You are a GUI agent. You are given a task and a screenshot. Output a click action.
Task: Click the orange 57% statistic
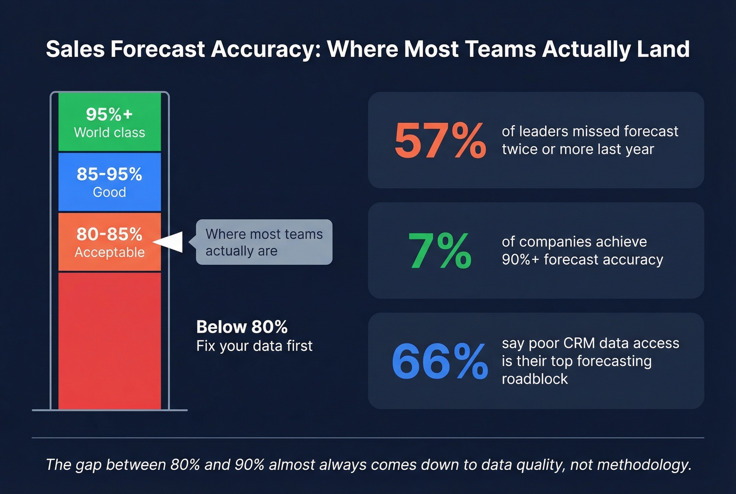(439, 140)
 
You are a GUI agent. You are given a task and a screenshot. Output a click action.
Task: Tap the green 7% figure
(439, 251)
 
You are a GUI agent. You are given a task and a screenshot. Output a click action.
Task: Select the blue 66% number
(439, 361)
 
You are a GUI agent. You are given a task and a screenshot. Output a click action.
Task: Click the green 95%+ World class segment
(109, 122)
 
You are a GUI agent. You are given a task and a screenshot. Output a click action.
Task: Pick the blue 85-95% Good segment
(109, 182)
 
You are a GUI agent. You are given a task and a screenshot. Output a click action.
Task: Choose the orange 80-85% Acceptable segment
(109, 242)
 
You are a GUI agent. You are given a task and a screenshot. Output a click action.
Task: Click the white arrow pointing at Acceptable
(169, 242)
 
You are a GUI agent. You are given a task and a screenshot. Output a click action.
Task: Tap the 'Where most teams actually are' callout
(264, 242)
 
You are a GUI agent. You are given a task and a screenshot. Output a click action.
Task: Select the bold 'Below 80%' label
(242, 327)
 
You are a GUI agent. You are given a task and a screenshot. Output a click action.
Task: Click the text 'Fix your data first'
(254, 346)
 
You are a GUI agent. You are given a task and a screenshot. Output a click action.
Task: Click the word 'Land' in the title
(663, 49)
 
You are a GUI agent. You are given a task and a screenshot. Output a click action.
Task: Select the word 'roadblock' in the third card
(535, 379)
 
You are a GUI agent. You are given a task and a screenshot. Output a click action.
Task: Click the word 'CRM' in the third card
(579, 344)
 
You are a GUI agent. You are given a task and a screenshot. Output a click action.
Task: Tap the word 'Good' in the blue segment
(109, 193)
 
